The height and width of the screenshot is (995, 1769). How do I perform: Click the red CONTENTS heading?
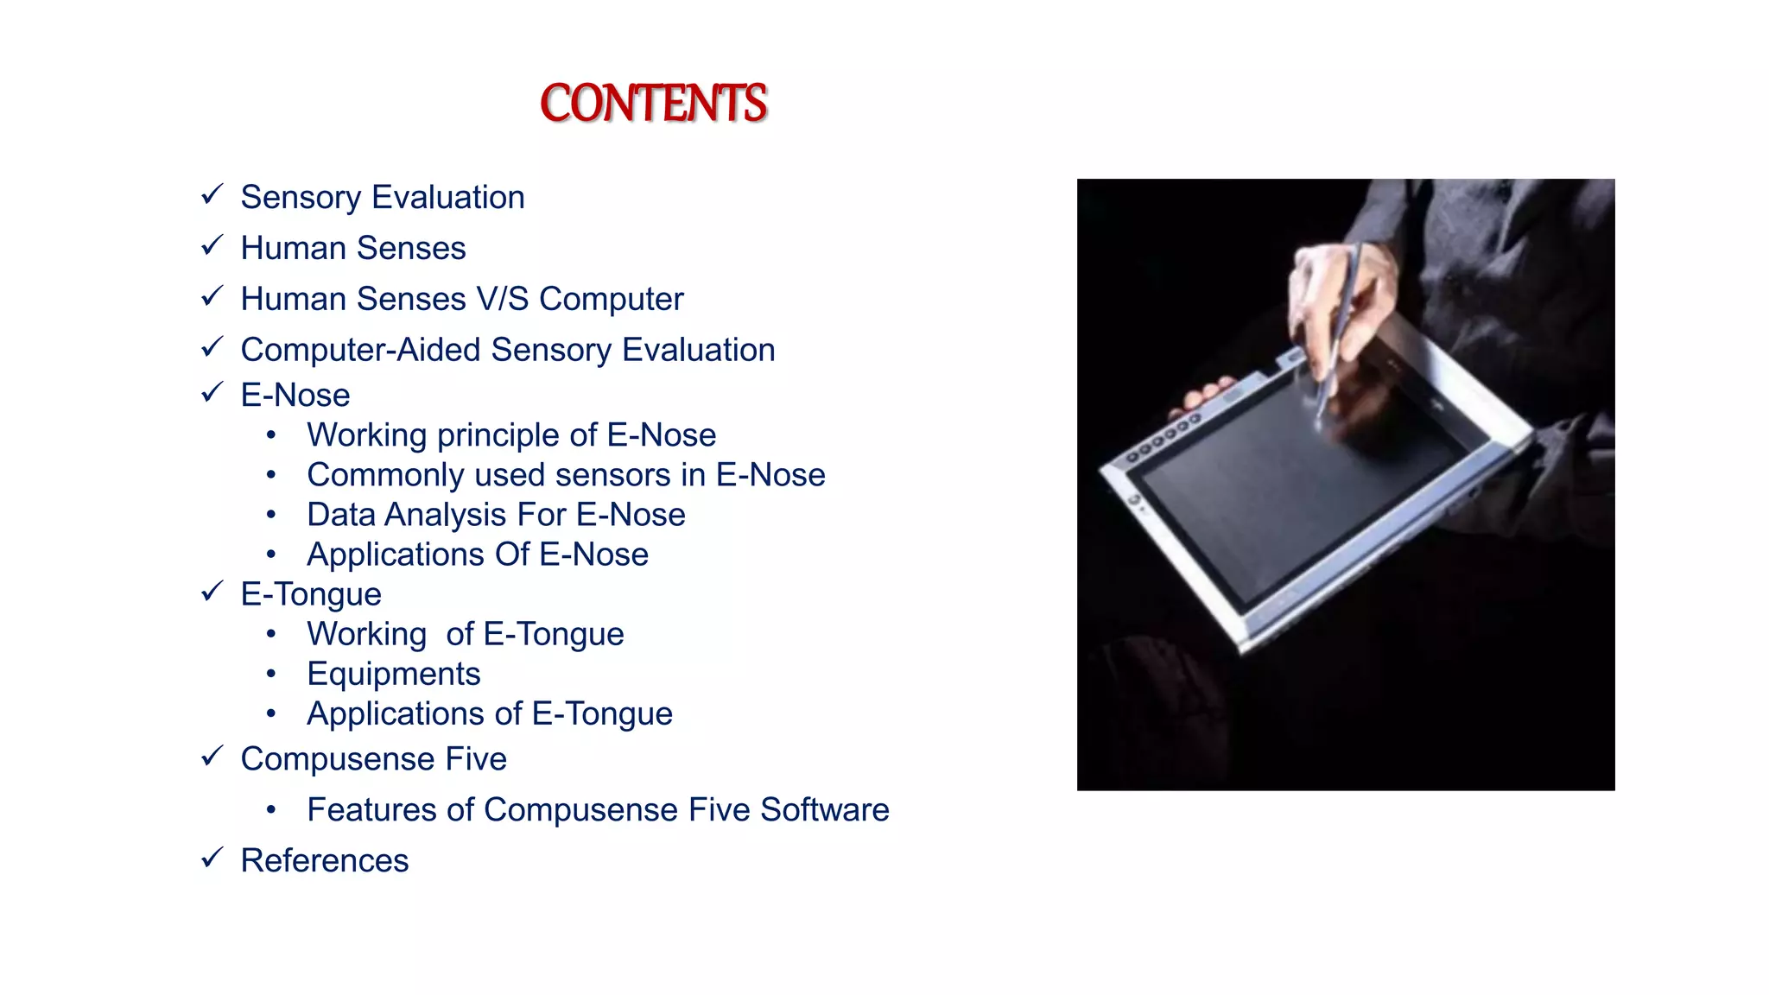tap(653, 104)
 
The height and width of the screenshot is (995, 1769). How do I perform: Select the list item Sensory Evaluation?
tap(382, 198)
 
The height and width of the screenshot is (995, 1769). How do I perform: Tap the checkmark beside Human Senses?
tap(212, 246)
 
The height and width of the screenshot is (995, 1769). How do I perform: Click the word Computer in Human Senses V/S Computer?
tap(611, 300)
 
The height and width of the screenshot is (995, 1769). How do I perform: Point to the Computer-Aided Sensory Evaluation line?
tap(507, 351)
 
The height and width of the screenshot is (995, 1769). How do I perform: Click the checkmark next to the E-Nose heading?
tap(212, 393)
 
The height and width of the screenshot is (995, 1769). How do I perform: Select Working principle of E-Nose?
tap(511, 435)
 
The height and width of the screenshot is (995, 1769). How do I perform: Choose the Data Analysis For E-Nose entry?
tap(496, 515)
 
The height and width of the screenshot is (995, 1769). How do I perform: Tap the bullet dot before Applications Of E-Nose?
tap(271, 555)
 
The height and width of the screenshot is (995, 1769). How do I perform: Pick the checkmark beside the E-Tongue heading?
tap(212, 593)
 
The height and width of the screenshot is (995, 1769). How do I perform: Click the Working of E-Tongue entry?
tap(465, 635)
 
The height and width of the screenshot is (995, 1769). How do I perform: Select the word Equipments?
tap(393, 675)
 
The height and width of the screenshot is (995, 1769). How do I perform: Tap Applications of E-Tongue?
tap(489, 714)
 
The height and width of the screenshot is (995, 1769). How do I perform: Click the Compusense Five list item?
tap(373, 759)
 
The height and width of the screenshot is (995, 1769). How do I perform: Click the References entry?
tap(324, 861)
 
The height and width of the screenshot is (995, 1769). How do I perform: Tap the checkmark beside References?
tap(212, 859)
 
